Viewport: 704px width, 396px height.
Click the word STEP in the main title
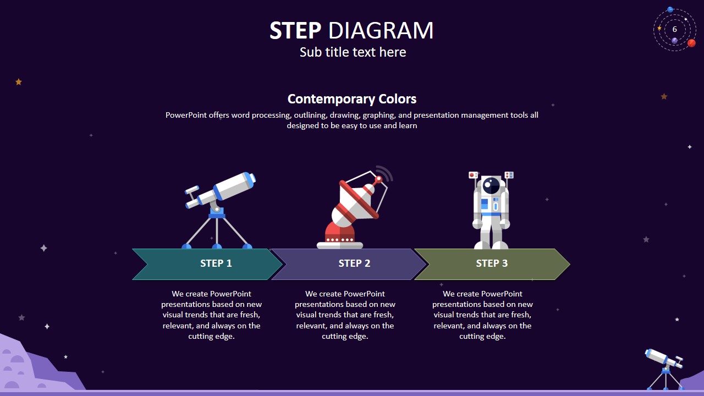(295, 31)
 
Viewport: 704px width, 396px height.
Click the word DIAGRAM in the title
(381, 31)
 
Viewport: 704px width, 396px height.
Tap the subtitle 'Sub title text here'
(353, 52)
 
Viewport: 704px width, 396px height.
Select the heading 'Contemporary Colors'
(352, 99)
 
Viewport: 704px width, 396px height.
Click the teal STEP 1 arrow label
(216, 263)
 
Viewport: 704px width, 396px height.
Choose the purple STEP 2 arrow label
(354, 263)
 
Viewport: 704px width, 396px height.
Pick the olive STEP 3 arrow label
(492, 263)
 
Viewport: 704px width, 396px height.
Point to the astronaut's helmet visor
(491, 185)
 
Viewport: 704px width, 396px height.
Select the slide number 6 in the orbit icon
(675, 29)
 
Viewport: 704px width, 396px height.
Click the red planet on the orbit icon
(691, 43)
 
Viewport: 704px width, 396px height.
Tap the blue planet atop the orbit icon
(670, 10)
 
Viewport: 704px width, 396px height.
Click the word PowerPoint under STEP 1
(230, 294)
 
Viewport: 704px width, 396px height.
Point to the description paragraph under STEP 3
(482, 315)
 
